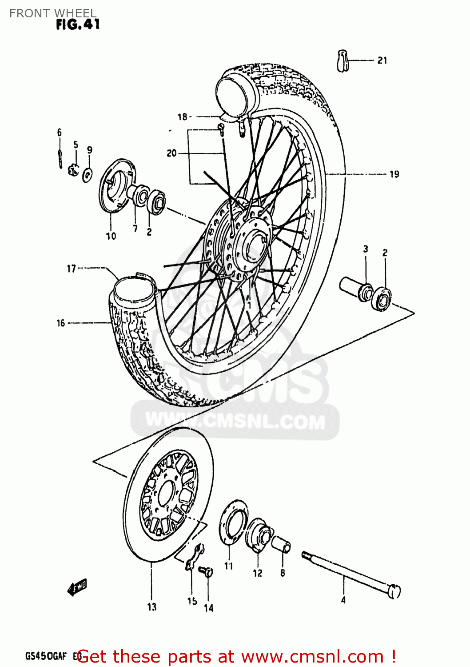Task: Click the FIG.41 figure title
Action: click(x=78, y=24)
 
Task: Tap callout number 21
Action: click(x=382, y=60)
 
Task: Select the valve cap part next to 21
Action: click(x=343, y=60)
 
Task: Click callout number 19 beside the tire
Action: click(x=394, y=174)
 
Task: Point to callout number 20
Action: click(x=171, y=153)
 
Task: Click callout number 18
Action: click(x=182, y=117)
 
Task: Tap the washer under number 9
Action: click(x=88, y=173)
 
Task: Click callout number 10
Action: click(x=111, y=236)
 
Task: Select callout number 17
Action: click(x=71, y=269)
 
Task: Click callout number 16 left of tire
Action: click(x=61, y=323)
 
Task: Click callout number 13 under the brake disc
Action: click(x=151, y=607)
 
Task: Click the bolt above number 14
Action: click(x=207, y=571)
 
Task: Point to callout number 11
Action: click(x=228, y=566)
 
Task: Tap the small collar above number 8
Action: click(x=281, y=544)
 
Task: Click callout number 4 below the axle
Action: click(x=343, y=600)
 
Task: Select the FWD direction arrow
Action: click(x=77, y=587)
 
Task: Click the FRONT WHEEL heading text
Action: click(x=52, y=13)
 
